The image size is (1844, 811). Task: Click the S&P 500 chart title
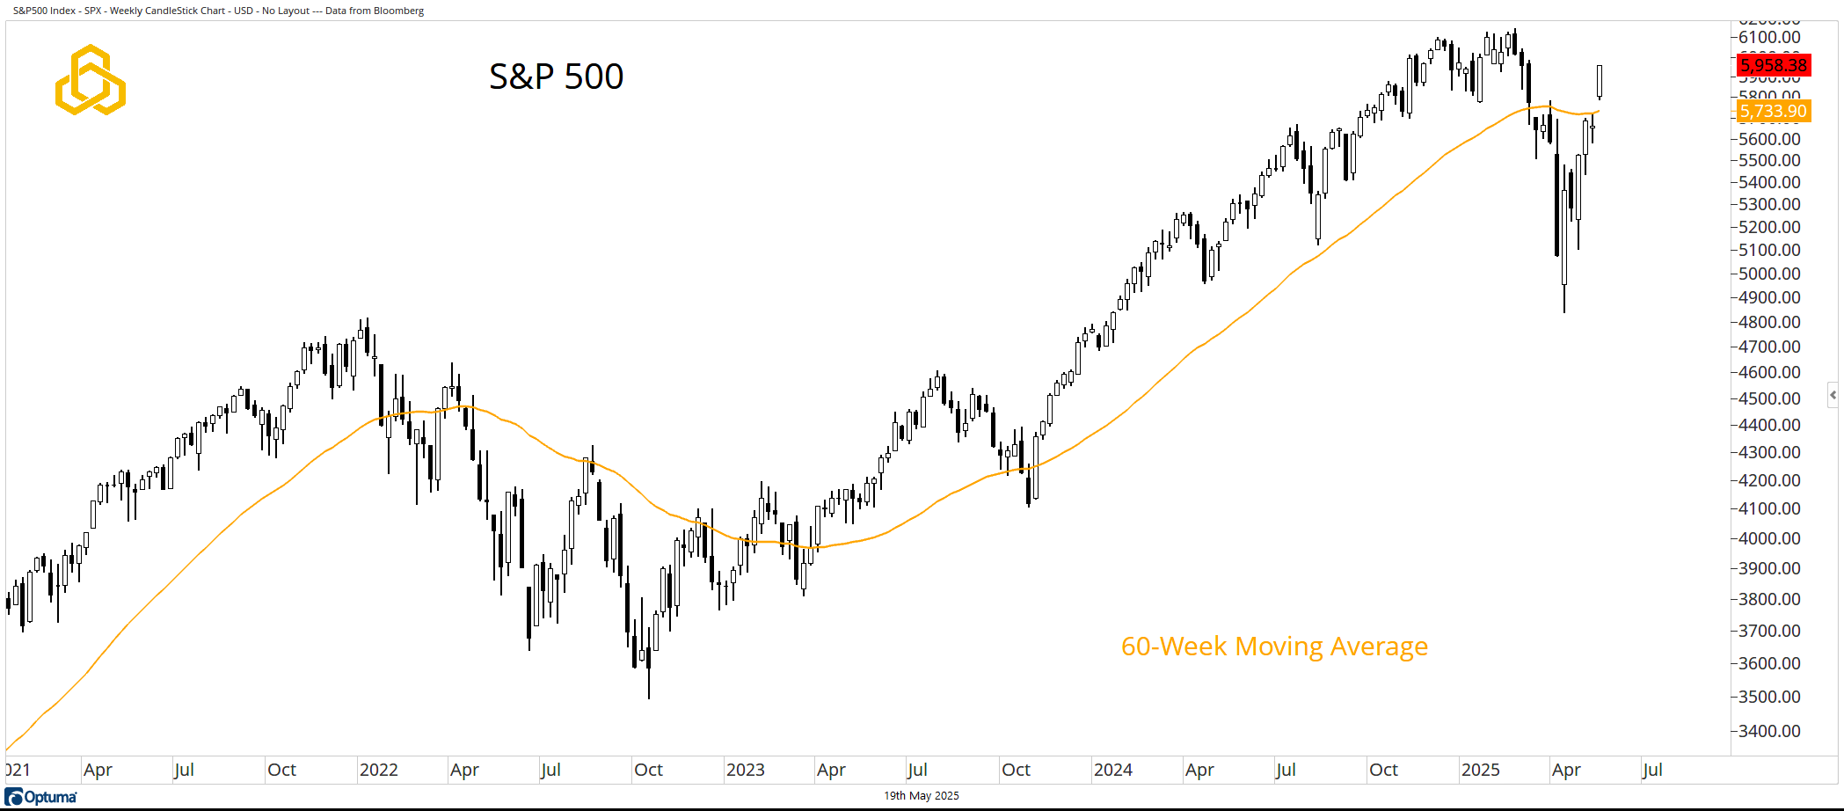(556, 77)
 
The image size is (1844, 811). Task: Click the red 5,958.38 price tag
(1773, 65)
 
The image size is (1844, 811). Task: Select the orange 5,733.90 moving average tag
(1773, 112)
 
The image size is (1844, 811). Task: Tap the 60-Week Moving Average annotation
(1274, 647)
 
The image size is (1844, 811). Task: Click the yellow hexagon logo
(90, 80)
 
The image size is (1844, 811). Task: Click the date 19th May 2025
(921, 796)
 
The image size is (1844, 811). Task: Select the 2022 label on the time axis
(379, 770)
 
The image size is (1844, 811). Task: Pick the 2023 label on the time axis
(746, 770)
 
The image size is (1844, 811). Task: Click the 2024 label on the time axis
(1112, 770)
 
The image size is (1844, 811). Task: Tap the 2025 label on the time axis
(1480, 770)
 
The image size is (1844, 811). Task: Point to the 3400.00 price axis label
(1769, 731)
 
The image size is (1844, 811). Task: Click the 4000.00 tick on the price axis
(1769, 538)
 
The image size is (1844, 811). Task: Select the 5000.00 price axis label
(1769, 274)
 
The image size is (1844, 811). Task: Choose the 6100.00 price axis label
(1769, 37)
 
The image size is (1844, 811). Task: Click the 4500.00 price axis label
(1769, 398)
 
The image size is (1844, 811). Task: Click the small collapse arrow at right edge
(1833, 396)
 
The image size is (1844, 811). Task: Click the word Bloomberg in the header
(400, 11)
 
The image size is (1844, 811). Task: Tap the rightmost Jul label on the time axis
(1652, 770)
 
